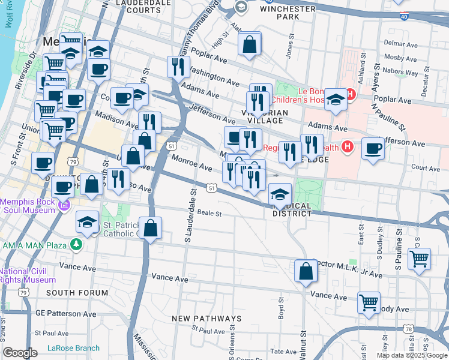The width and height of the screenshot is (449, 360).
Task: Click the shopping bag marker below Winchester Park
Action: pyautogui.click(x=249, y=45)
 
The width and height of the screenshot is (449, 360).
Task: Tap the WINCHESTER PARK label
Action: pyautogui.click(x=288, y=13)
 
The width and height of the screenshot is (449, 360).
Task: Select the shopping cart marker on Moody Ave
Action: pyautogui.click(x=368, y=302)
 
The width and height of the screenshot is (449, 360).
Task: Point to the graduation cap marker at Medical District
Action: pyautogui.click(x=280, y=194)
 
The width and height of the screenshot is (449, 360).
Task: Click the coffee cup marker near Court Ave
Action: pyautogui.click(x=373, y=149)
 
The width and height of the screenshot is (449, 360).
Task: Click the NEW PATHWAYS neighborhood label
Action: pyautogui.click(x=206, y=318)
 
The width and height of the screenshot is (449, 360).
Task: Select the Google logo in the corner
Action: pyautogui.click(x=20, y=353)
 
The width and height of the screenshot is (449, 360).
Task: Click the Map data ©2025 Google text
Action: pyautogui.click(x=411, y=355)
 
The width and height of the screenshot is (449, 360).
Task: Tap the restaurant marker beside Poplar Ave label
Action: pyautogui.click(x=178, y=66)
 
